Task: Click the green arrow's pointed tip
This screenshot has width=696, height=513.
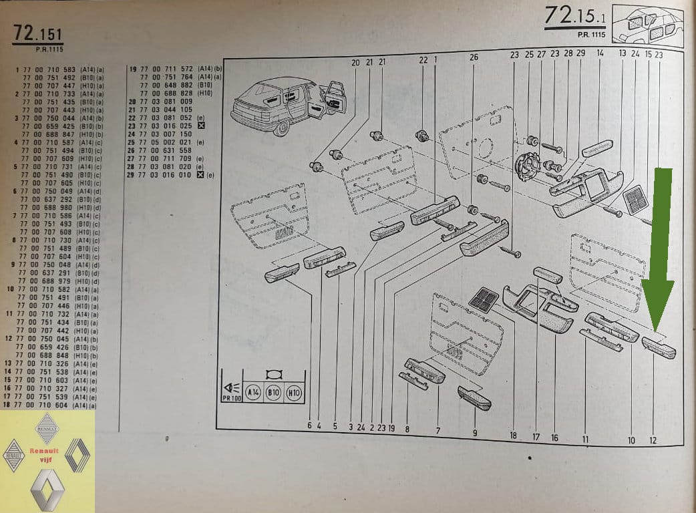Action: pyautogui.click(x=657, y=331)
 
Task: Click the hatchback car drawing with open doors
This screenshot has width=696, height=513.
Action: pyautogui.click(x=288, y=103)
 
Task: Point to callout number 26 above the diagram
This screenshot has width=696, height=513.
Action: pyautogui.click(x=474, y=57)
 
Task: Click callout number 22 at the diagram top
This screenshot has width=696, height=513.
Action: pyautogui.click(x=423, y=60)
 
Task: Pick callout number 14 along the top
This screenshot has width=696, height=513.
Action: pyautogui.click(x=600, y=53)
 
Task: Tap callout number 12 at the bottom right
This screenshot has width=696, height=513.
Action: pyautogui.click(x=653, y=440)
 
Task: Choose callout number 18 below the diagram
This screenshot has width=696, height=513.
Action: pyautogui.click(x=513, y=436)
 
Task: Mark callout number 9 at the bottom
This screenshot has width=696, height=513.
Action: pyautogui.click(x=475, y=433)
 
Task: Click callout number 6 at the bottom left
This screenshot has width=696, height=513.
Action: pyautogui.click(x=310, y=425)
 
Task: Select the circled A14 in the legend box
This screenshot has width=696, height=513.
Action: pyautogui.click(x=252, y=392)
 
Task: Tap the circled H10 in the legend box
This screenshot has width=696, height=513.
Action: pyautogui.click(x=294, y=392)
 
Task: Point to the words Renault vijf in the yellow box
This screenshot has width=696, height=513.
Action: pyautogui.click(x=44, y=455)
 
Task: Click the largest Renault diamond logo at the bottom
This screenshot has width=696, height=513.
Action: pyautogui.click(x=47, y=490)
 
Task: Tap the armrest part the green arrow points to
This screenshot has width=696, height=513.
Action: pyautogui.click(x=659, y=347)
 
